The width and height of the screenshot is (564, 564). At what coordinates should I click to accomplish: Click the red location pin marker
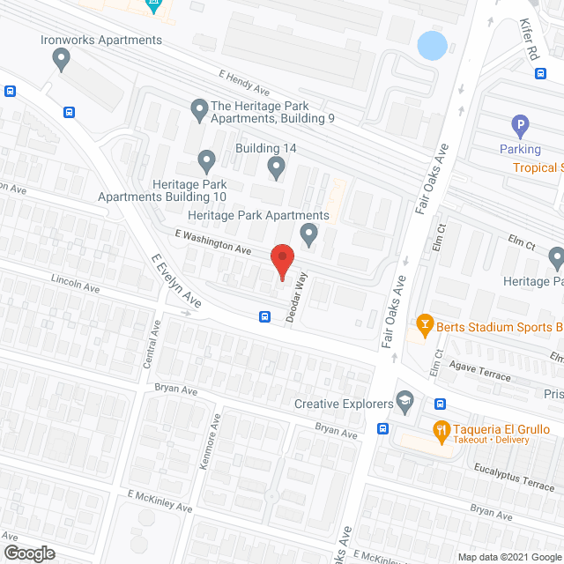click(281, 261)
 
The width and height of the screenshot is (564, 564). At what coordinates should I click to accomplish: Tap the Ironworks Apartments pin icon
click(61, 59)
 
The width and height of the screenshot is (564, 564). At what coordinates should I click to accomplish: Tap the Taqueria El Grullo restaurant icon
click(441, 430)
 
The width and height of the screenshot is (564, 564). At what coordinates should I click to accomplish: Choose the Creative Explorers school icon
click(404, 401)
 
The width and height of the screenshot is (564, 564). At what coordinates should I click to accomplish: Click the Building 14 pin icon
click(276, 167)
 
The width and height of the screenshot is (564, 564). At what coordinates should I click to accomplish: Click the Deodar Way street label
click(295, 298)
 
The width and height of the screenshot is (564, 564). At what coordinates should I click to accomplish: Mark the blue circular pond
click(431, 45)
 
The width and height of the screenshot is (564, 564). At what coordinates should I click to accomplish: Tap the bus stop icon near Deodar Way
click(263, 317)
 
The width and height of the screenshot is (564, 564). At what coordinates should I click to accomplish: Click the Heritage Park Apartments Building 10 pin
click(206, 162)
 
